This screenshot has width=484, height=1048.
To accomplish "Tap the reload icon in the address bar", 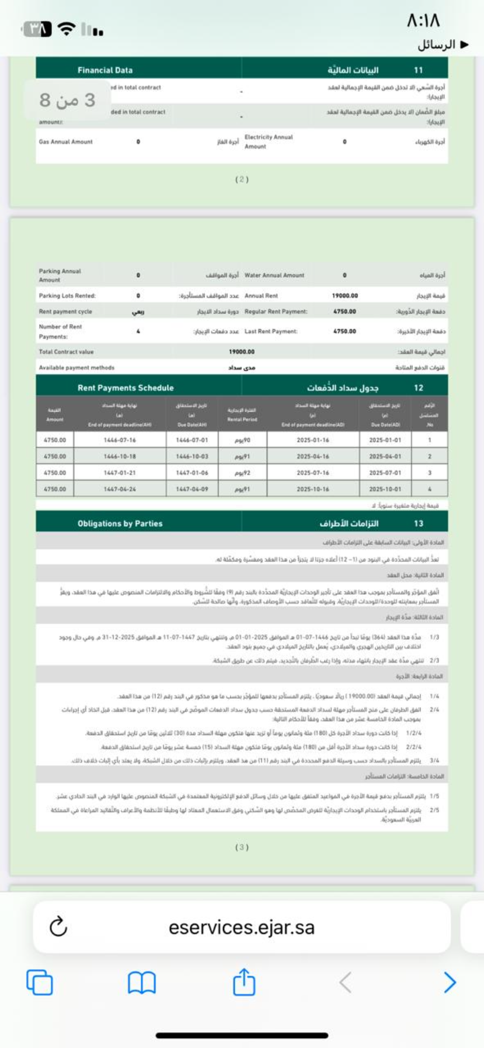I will pos(58,926).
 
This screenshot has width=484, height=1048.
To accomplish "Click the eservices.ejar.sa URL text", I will pos(241,927).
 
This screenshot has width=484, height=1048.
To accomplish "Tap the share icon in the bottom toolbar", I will pos(244,982).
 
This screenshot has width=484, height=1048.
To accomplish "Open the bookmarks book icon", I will pos(141,982).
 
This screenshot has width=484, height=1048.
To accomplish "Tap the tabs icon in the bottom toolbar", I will pos(40,982).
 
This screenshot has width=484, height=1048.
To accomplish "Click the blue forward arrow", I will pos(449,982).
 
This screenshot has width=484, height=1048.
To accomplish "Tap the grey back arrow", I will pos(345,982).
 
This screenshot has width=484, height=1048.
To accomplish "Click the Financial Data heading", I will pos(105,70).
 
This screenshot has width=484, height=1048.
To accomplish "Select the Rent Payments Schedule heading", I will pos(126,388).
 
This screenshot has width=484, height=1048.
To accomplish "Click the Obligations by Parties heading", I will pos(120,523).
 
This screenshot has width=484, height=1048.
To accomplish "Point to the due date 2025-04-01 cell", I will pos(385,456).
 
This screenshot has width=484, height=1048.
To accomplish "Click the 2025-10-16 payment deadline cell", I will pos(313,489).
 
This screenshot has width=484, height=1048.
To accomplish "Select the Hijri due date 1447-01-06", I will pos(192,473).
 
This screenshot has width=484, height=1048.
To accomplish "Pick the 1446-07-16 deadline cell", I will pos(120,440).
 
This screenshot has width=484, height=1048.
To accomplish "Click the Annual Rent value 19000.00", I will pos(345,296).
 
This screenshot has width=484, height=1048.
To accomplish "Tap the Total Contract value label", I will pos(66,352).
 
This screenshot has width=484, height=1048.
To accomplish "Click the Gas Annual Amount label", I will pos(66,142).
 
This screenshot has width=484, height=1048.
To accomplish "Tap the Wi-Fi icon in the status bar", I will pos(67,29).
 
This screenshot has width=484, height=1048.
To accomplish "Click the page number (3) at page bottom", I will pos(242,847).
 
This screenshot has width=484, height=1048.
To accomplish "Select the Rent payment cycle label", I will pos(65,312).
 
